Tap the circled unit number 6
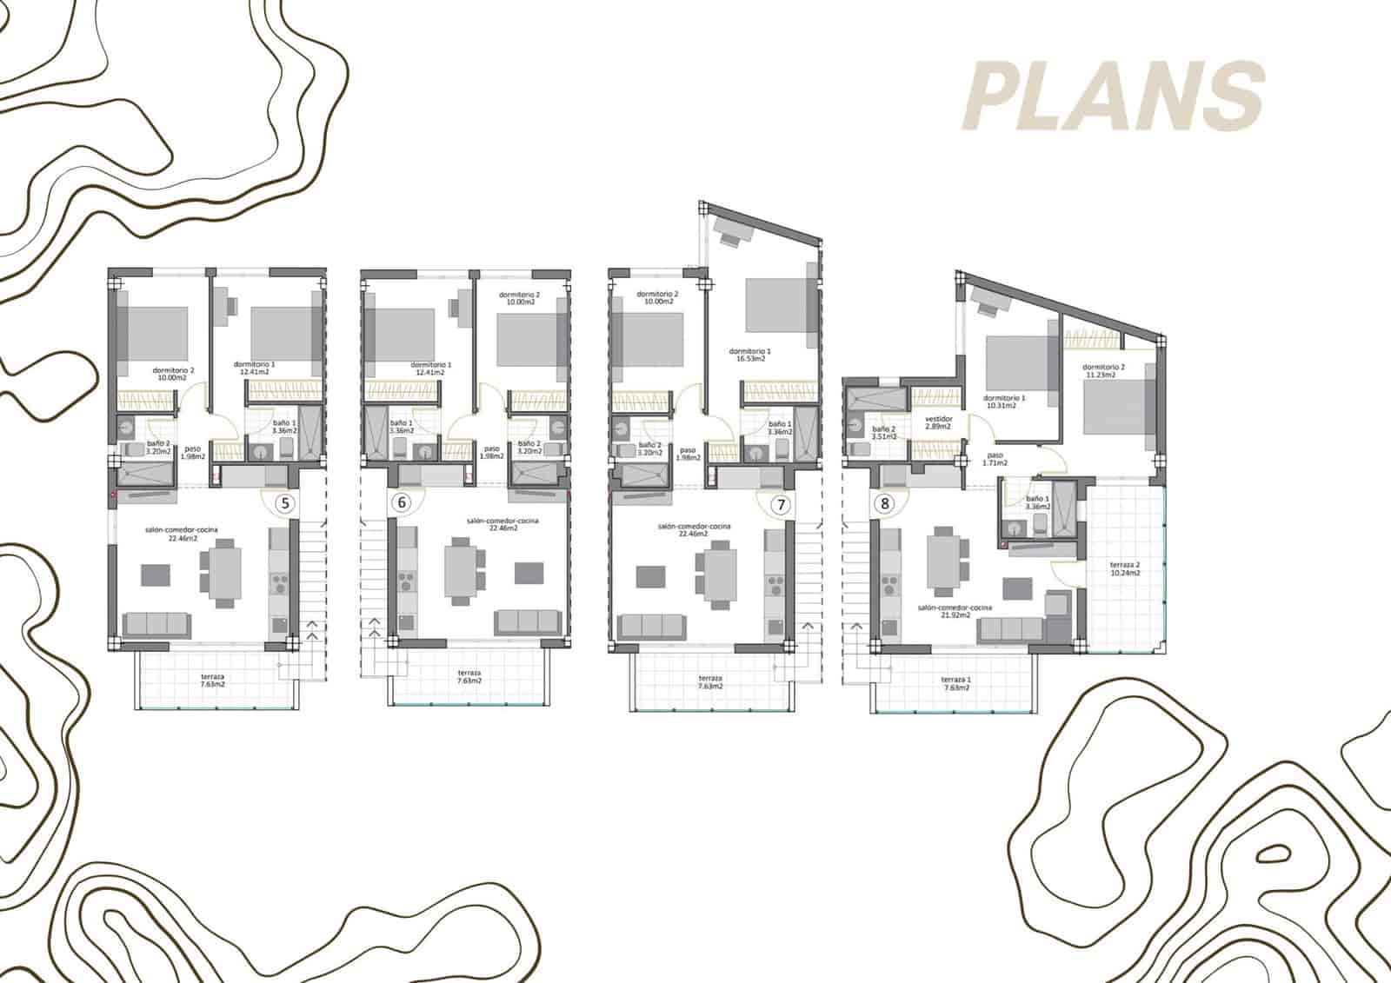(401, 502)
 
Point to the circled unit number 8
(885, 502)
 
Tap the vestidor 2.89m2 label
(939, 422)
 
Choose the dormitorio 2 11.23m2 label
(1104, 371)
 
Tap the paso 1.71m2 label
(995, 459)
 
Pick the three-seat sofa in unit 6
(526, 621)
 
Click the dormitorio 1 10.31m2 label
(1005, 402)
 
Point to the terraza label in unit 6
(469, 677)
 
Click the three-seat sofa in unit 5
(156, 624)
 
